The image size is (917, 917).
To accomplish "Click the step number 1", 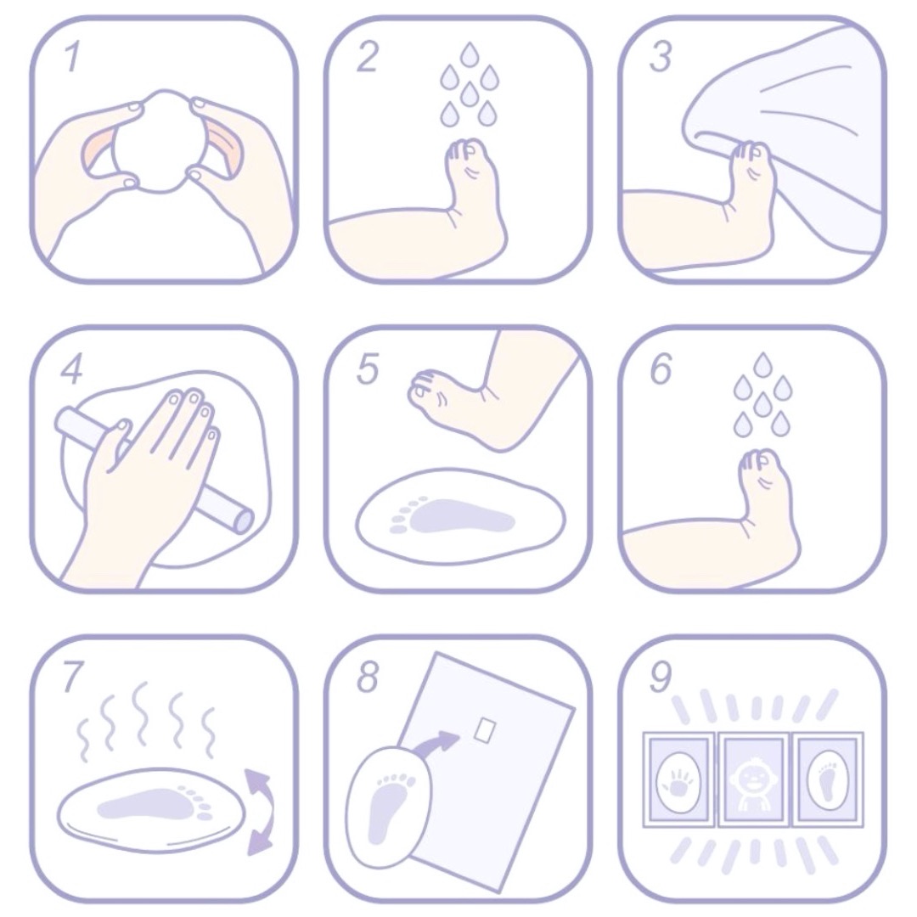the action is (71, 56).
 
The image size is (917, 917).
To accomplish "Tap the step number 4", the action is (71, 369).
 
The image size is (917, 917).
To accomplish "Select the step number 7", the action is (72, 678).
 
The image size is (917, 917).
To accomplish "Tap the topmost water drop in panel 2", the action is (468, 53).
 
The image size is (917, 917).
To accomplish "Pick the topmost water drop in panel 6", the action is (762, 364).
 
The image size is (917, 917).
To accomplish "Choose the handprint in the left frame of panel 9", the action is (679, 780).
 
